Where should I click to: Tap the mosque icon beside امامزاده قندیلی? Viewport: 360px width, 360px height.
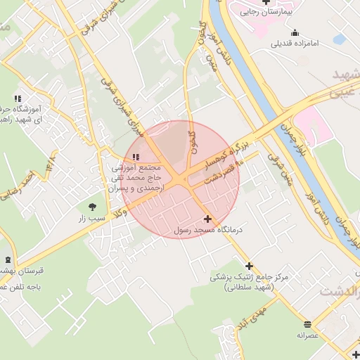(294, 32)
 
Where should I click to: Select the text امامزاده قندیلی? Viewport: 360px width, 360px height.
(295, 44)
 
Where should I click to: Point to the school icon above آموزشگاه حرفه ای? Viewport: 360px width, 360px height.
(18, 98)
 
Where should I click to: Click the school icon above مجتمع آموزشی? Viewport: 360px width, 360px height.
(136, 156)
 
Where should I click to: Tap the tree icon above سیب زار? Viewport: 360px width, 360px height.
(92, 207)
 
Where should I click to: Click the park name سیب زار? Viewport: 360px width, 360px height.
(91, 219)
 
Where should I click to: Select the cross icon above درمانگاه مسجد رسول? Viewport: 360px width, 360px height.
(207, 219)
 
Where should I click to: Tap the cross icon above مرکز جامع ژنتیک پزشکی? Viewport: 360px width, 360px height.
(248, 266)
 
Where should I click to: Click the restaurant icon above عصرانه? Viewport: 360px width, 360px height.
(308, 324)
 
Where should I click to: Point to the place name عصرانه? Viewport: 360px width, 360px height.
(308, 336)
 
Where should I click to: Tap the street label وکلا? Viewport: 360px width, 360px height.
(128, 205)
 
